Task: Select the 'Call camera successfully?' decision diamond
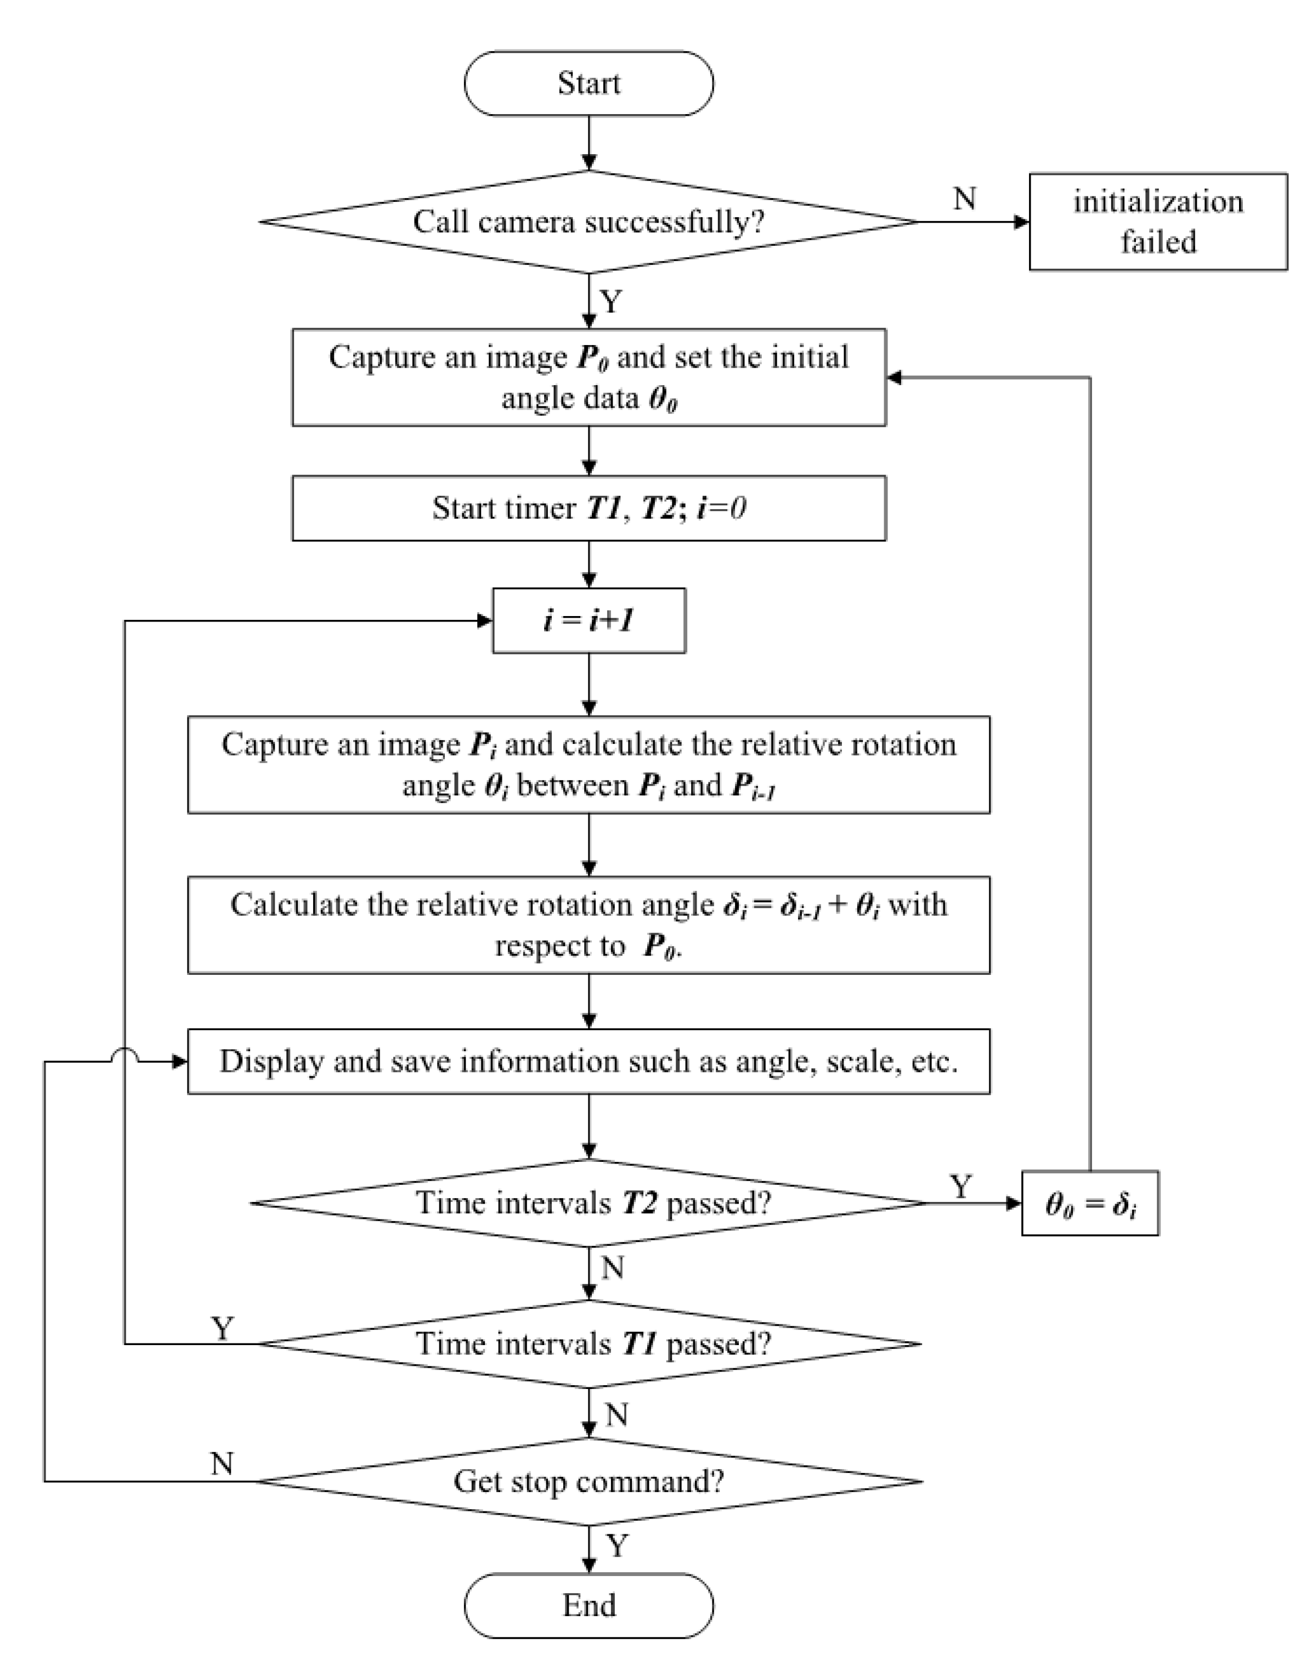[x=589, y=222]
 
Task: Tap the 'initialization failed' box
[x=1158, y=222]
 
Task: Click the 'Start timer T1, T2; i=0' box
[x=589, y=509]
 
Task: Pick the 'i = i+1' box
[x=589, y=620]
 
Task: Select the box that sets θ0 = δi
[x=1090, y=1204]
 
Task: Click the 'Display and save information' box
[x=589, y=1062]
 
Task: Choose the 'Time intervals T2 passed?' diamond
[x=589, y=1203]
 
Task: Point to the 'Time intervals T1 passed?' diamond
[x=589, y=1344]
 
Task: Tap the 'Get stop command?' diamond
[x=589, y=1482]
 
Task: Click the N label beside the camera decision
[x=965, y=199]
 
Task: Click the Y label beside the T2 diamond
[x=961, y=1187]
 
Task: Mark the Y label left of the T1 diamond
[x=223, y=1328]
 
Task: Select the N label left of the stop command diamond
[x=222, y=1464]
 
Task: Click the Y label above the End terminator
[x=618, y=1545]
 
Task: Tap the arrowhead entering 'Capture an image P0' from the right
[x=894, y=377]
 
